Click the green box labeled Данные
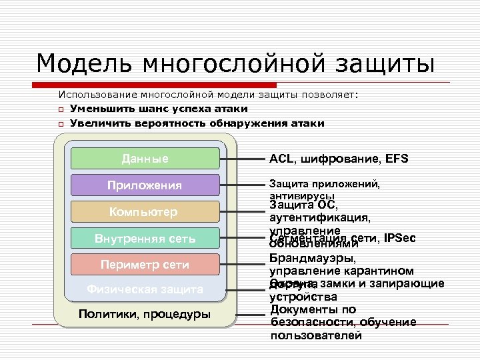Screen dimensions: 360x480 point(145,159)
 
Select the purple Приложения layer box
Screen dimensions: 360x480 point(145,185)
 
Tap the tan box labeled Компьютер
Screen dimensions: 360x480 point(145,212)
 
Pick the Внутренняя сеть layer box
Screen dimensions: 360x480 point(145,238)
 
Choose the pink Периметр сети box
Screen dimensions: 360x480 point(145,265)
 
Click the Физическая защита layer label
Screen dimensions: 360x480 point(145,289)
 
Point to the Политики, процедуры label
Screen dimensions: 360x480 point(145,314)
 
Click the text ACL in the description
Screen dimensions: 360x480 point(281,159)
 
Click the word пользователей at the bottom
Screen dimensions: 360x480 point(316,335)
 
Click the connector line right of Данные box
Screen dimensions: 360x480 point(240,159)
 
